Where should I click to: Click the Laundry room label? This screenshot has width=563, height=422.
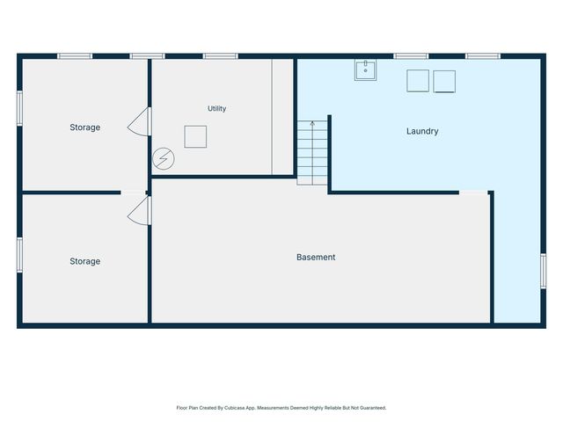click(x=422, y=131)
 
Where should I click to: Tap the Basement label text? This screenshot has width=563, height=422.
click(x=316, y=257)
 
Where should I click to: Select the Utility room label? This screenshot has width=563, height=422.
click(x=217, y=108)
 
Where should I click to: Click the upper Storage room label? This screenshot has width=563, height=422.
click(x=85, y=127)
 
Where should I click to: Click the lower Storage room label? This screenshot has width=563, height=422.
click(x=85, y=261)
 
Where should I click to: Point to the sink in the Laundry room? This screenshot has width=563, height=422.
click(x=365, y=70)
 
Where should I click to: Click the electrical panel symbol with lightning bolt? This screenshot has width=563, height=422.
click(x=164, y=158)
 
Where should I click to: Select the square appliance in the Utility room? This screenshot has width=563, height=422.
click(x=195, y=137)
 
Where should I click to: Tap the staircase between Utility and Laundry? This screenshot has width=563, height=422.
click(x=312, y=153)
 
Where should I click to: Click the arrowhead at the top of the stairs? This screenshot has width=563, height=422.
click(x=312, y=123)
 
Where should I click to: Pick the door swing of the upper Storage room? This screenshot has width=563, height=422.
click(x=139, y=121)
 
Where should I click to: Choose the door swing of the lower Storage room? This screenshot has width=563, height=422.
click(x=139, y=211)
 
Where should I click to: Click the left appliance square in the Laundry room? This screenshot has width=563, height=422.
click(x=418, y=81)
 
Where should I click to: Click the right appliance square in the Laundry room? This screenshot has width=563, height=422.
click(x=444, y=82)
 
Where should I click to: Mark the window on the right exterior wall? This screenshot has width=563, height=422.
click(x=544, y=271)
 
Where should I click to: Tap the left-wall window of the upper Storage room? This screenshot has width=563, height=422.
click(x=19, y=108)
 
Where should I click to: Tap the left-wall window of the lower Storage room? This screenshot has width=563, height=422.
click(x=19, y=255)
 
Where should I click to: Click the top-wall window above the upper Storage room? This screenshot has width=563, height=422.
click(x=75, y=56)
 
